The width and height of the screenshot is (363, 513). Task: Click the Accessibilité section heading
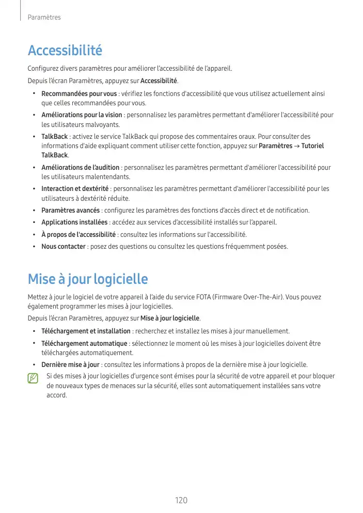(65, 51)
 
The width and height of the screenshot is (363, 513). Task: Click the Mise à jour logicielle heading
(88, 279)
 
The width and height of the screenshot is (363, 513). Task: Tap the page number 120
(181, 500)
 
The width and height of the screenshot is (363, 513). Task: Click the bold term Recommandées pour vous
(79, 94)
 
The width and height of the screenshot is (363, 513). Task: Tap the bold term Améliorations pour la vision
(82, 115)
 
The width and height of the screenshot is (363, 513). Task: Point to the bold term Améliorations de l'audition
(80, 168)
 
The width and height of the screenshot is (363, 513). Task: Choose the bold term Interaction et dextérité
(75, 189)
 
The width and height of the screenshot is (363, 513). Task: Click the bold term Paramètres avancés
(70, 210)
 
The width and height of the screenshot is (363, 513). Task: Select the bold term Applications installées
(74, 222)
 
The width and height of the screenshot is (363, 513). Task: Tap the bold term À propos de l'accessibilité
(78, 234)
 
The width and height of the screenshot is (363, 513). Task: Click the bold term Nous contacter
(63, 247)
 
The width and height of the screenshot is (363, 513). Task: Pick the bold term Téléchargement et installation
(86, 331)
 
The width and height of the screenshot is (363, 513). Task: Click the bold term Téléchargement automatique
(84, 343)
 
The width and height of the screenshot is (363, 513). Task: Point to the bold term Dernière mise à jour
(70, 364)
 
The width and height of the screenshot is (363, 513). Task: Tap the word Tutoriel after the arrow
(312, 146)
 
